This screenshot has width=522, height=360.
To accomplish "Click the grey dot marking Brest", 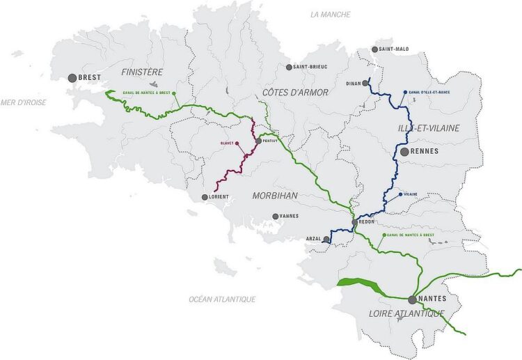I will [72, 78].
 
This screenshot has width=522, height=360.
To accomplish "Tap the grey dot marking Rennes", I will [404, 151].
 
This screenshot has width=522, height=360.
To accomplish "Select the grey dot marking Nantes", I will [413, 299].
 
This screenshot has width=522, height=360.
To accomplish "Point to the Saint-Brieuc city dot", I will [289, 68].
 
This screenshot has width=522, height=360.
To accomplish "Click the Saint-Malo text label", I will [395, 49].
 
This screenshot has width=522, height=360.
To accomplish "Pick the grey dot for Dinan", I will [364, 83].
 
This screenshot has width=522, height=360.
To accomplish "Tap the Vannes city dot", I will [276, 217].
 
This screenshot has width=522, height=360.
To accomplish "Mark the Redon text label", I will [367, 222].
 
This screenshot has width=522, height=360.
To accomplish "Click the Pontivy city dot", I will [258, 141].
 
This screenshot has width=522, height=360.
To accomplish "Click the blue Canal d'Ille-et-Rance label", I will [429, 92].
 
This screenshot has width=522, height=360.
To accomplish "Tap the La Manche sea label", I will [331, 15].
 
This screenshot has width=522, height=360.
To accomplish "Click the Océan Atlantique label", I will [222, 299].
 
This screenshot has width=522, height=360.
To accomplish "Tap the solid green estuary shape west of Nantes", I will [356, 283].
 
